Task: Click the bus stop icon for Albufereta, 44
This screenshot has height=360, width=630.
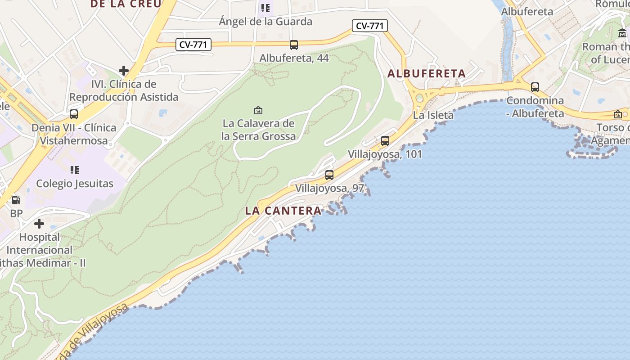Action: tap(294, 45)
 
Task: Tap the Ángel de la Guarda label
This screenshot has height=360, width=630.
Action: tap(265, 21)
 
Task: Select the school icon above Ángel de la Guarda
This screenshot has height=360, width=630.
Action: tap(265, 8)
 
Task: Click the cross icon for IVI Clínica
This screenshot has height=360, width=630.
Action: tap(124, 71)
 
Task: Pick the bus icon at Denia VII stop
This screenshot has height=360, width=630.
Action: tap(74, 114)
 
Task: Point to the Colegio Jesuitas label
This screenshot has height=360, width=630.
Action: tap(75, 184)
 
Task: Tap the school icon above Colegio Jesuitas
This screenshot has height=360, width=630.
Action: tap(75, 170)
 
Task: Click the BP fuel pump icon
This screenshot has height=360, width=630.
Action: tap(16, 200)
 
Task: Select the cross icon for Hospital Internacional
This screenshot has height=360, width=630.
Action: tap(39, 223)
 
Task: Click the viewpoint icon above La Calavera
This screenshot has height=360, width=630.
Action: tap(258, 110)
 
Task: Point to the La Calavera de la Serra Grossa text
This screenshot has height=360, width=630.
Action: tap(259, 130)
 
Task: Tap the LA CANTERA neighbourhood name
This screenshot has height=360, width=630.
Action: tap(283, 211)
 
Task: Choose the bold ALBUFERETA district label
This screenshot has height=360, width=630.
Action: tap(426, 73)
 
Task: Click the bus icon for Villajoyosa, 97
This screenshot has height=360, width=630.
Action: tap(329, 175)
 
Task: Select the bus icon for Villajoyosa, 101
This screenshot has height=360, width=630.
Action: tap(385, 141)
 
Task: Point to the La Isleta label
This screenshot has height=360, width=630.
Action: tap(433, 115)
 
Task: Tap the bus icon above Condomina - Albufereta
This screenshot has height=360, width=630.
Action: tap(535, 87)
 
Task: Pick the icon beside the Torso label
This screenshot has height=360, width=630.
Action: tap(618, 114)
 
